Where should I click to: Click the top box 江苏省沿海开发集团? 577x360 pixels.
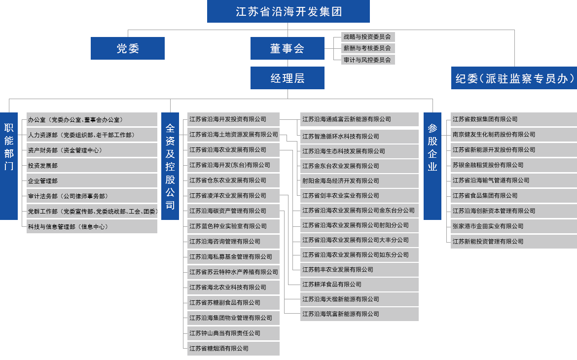click(x=288, y=12)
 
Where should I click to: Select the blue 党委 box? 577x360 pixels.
click(x=128, y=48)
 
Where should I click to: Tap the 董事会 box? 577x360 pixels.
click(x=287, y=48)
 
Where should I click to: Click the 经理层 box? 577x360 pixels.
click(x=287, y=78)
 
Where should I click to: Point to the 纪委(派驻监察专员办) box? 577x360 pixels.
click(x=514, y=78)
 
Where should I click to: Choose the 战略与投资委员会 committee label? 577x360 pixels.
click(x=367, y=37)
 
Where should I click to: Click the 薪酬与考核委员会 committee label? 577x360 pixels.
click(x=367, y=48)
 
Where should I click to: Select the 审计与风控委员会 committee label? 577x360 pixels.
click(x=367, y=60)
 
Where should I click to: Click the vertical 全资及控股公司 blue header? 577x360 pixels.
click(x=170, y=166)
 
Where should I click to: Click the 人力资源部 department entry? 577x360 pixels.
click(x=80, y=135)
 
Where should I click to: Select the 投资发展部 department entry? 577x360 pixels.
click(x=43, y=166)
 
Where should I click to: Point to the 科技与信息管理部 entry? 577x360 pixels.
click(x=68, y=227)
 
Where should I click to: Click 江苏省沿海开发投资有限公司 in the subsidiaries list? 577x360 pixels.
click(x=227, y=119)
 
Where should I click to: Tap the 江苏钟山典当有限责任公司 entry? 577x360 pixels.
click(x=224, y=333)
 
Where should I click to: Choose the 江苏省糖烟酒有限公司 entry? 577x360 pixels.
click(x=218, y=349)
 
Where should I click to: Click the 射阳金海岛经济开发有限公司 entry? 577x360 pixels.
click(x=340, y=181)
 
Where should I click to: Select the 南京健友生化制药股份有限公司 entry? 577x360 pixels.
click(x=494, y=135)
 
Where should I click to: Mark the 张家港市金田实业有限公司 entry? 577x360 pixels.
click(x=488, y=226)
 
